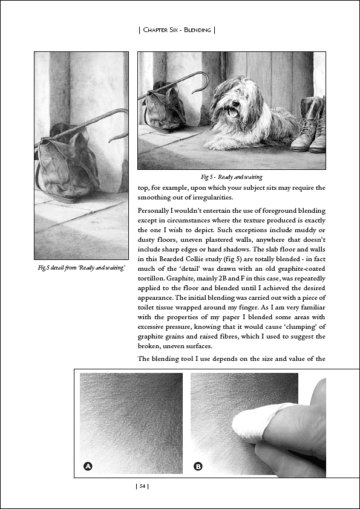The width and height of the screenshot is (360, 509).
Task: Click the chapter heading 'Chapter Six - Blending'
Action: click(177, 30)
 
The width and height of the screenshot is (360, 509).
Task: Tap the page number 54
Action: click(142, 486)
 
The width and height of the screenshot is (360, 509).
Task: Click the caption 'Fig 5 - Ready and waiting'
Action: click(231, 177)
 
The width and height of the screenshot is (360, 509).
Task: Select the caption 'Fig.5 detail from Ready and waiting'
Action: click(81, 268)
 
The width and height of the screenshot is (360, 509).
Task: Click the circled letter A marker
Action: click(88, 467)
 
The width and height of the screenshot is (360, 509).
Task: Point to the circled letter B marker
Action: click(198, 467)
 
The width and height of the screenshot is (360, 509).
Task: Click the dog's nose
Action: click(235, 103)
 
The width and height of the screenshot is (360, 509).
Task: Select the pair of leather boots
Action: click(309, 125)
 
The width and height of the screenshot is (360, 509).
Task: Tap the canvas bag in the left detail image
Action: click(68, 164)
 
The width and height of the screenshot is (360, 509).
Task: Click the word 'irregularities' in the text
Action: click(212, 197)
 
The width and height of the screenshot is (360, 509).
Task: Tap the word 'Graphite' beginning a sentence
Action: click(178, 278)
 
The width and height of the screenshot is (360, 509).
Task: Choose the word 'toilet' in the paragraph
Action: click(146, 307)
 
